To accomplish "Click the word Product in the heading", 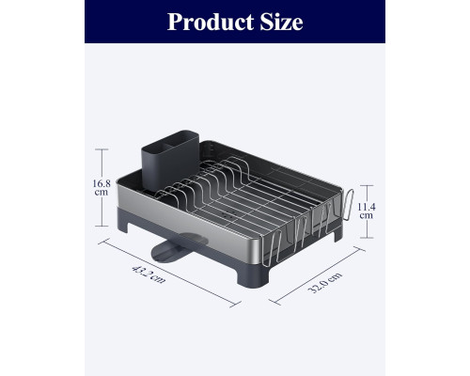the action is tap(211, 23).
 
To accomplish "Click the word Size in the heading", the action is tap(281, 23).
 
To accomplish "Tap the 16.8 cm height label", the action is tap(102, 188).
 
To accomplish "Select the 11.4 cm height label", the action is tap(367, 211).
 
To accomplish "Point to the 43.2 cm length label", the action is tap(149, 274).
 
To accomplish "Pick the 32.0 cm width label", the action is tap(325, 282).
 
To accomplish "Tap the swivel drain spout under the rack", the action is tap(176, 247).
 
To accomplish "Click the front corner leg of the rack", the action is tap(253, 276).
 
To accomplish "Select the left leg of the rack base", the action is tap(122, 226).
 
